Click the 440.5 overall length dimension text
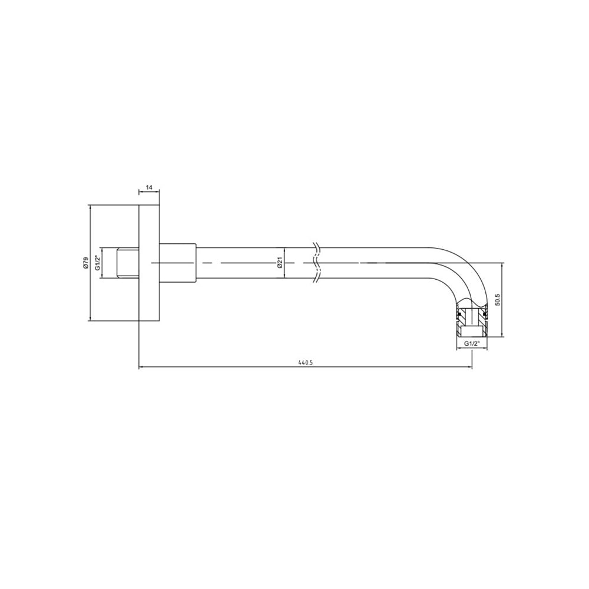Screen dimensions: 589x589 click(305, 363)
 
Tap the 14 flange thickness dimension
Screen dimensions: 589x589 click(149, 187)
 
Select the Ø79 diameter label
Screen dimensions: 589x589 click(85, 263)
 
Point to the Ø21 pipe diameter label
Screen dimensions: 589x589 click(279, 263)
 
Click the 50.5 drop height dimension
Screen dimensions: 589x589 click(498, 300)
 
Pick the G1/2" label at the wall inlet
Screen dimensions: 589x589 click(97, 263)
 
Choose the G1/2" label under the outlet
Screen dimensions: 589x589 click(472, 343)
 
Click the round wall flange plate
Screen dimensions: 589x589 click(149, 263)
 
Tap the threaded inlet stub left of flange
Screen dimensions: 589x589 click(128, 263)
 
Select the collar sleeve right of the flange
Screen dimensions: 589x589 click(178, 263)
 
